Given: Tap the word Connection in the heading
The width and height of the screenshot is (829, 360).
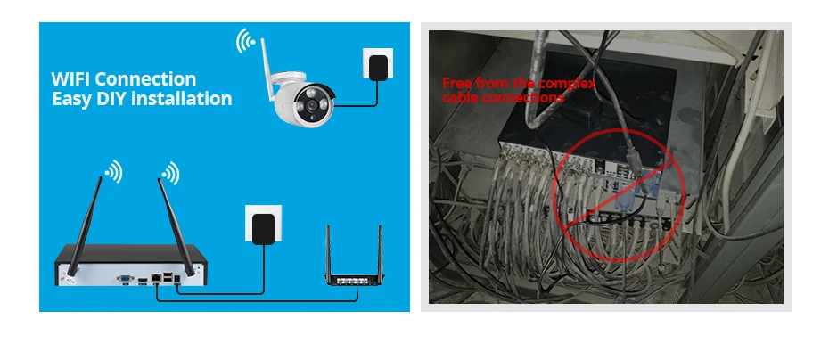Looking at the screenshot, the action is (149, 80).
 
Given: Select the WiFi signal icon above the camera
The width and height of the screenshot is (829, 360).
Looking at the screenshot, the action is (244, 41).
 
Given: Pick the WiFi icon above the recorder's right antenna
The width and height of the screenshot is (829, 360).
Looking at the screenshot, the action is (169, 173).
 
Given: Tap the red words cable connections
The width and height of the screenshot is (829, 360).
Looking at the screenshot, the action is (503, 96).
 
